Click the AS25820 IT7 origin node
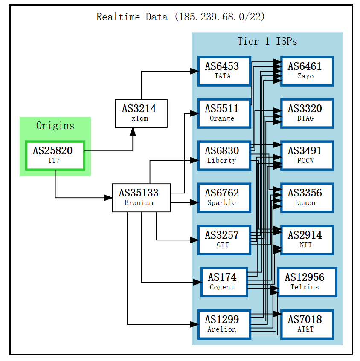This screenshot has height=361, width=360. (x=55, y=155)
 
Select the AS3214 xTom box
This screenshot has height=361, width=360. (x=141, y=113)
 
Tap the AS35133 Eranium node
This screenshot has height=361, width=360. (x=141, y=198)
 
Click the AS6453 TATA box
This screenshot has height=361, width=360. (x=224, y=71)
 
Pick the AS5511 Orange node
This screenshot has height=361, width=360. (x=224, y=113)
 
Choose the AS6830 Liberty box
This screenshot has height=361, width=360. (x=224, y=155)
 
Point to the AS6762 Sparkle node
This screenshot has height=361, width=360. (x=224, y=197)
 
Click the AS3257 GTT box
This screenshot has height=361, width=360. (x=224, y=240)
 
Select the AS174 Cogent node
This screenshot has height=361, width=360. (x=224, y=282)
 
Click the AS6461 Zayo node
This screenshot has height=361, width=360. (x=307, y=71)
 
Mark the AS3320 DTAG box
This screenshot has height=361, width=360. (x=307, y=113)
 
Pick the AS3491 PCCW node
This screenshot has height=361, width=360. (x=307, y=155)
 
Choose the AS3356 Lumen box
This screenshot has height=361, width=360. (x=307, y=197)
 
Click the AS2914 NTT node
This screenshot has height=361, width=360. (x=307, y=240)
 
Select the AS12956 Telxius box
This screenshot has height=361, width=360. (x=307, y=282)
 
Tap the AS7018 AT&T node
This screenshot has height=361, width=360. (x=307, y=324)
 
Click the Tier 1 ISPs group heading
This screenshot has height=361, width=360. (x=267, y=41)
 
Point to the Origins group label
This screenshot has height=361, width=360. (x=55, y=126)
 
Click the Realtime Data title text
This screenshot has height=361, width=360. (x=180, y=17)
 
